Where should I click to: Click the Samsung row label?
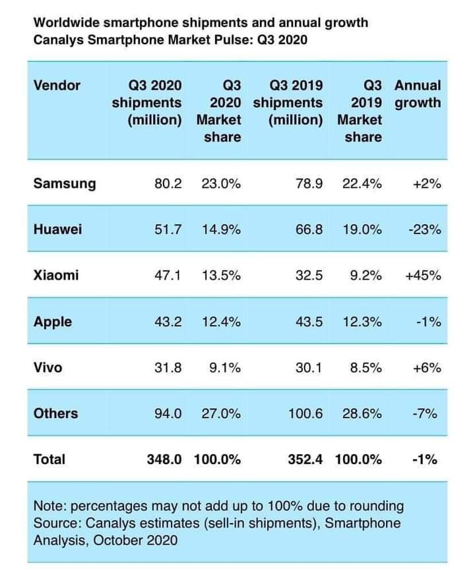click(x=64, y=184)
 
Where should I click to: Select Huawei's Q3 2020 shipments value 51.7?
click(x=167, y=230)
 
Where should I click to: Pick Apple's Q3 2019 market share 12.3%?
click(x=362, y=322)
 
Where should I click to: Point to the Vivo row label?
click(x=47, y=368)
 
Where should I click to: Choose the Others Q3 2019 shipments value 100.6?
click(x=305, y=414)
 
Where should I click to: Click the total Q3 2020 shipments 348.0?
click(x=164, y=460)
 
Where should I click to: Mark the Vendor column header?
click(x=57, y=86)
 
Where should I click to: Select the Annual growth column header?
click(x=417, y=94)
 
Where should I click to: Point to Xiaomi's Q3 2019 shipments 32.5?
click(x=310, y=276)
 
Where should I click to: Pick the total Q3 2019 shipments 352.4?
click(x=305, y=460)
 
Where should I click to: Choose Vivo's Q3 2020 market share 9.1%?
click(x=225, y=368)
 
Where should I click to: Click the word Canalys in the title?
click(x=55, y=40)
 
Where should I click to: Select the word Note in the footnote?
click(x=48, y=506)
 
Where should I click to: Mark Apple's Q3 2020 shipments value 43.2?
click(x=167, y=322)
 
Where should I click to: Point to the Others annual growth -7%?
click(x=426, y=414)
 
